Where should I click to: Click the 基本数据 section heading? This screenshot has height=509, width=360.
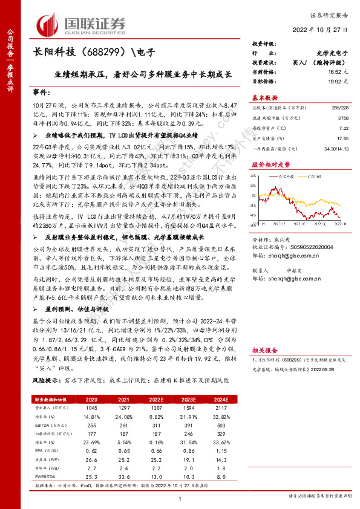click(x=265, y=97)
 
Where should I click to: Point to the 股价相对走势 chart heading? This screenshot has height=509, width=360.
click(x=270, y=164)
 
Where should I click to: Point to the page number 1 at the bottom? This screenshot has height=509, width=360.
click(x=180, y=497)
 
